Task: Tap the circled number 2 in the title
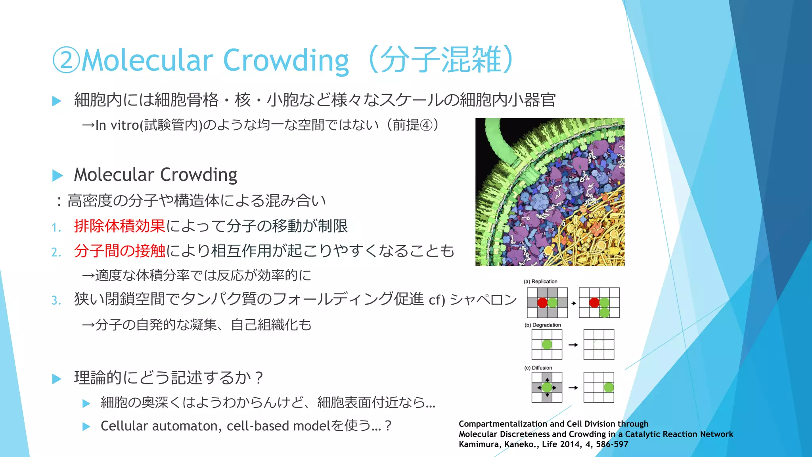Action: (x=66, y=60)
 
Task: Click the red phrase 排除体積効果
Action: (x=119, y=226)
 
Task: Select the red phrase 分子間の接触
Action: (x=119, y=251)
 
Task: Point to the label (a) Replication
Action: (x=540, y=282)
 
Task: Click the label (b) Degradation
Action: (x=542, y=325)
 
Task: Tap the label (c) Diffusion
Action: (x=538, y=368)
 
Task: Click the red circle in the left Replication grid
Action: (x=542, y=303)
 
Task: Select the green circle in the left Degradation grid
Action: (x=547, y=344)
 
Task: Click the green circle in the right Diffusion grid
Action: (x=609, y=387)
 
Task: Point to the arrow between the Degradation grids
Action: (x=573, y=345)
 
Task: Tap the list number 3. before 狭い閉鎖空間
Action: (x=56, y=301)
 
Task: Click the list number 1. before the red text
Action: (x=56, y=228)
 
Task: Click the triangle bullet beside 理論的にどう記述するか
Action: (x=57, y=378)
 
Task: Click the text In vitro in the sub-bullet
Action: (x=117, y=125)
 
